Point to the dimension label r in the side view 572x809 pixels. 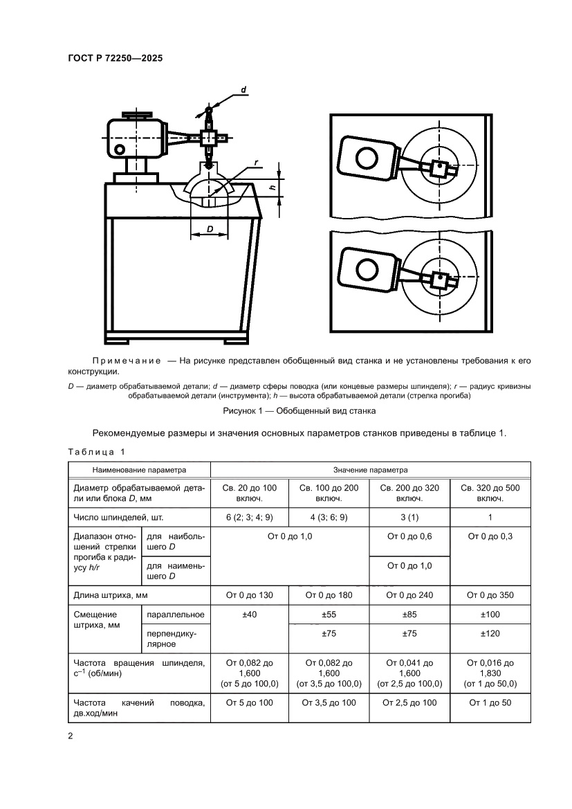256,163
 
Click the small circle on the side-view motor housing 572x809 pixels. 120,149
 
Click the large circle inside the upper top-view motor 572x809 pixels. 365,160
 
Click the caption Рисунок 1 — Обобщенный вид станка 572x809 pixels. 299,411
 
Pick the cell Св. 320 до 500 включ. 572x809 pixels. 490,493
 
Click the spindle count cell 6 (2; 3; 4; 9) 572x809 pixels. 249,516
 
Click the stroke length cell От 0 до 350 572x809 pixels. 490,594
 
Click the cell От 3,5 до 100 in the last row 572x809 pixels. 329,702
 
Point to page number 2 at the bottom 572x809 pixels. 71,736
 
